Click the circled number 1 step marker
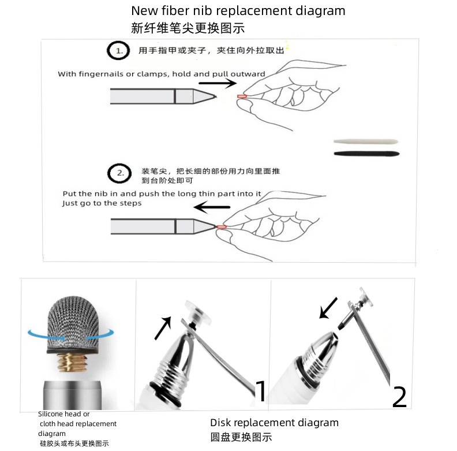(118, 52)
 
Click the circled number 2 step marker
(119, 173)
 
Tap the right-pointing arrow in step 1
(217, 83)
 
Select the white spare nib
(366, 141)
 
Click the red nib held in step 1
(241, 96)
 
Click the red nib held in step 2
(222, 227)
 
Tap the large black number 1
(261, 391)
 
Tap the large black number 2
(399, 397)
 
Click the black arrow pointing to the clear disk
(162, 327)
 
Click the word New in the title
(144, 11)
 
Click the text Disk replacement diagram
(274, 423)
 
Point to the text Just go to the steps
(102, 203)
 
